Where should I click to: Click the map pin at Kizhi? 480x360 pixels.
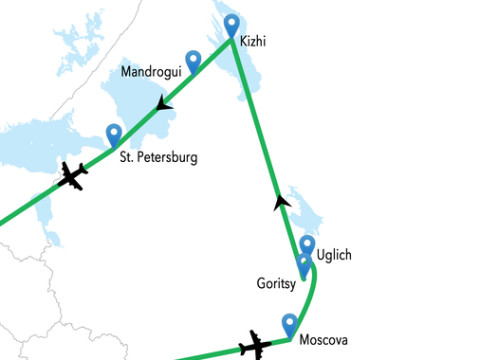point(232,24)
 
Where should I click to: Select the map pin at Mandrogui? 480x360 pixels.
point(193,59)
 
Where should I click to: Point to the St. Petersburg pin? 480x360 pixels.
point(114,133)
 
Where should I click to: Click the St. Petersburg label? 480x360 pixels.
point(158,157)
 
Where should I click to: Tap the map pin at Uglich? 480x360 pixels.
point(308,245)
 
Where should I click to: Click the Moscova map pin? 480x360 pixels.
point(290,323)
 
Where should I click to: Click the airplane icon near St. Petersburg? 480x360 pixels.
point(71,177)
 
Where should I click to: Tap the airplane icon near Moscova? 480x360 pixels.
point(255,347)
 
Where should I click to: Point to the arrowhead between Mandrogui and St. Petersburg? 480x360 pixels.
point(163,104)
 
